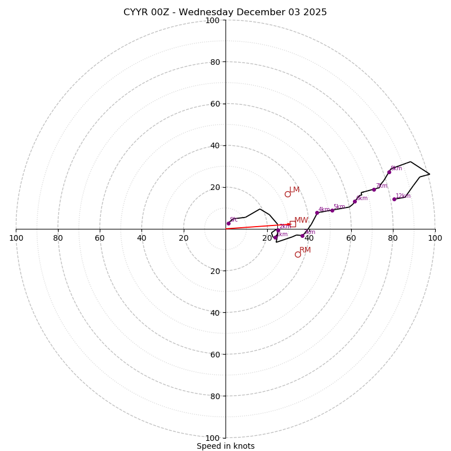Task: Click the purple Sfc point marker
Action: (228, 223)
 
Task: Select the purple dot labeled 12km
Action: (394, 199)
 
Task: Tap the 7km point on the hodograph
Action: (374, 189)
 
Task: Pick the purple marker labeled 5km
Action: (332, 210)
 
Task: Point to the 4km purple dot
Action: (317, 213)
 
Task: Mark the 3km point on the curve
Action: (302, 236)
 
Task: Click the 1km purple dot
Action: (275, 237)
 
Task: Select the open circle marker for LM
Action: (288, 194)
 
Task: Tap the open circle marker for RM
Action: (298, 254)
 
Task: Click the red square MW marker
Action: (293, 224)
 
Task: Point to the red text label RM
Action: (305, 250)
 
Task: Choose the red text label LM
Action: (294, 190)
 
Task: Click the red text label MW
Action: (301, 220)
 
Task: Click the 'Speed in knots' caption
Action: (225, 446)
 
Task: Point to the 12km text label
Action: (403, 196)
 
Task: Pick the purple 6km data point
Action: (355, 201)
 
